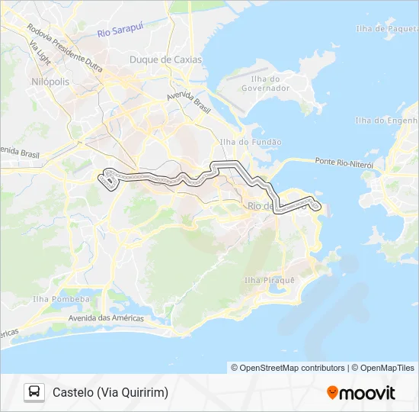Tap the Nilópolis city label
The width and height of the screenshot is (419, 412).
pyautogui.click(x=50, y=81)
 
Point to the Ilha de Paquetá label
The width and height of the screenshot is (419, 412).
pyautogui.click(x=387, y=29)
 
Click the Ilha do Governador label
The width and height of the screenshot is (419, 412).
pyautogui.click(x=266, y=83)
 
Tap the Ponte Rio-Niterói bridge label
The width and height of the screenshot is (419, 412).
pyautogui.click(x=344, y=163)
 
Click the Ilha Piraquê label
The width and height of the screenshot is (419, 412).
pyautogui.click(x=269, y=280)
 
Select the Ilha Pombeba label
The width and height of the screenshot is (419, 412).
pyautogui.click(x=60, y=299)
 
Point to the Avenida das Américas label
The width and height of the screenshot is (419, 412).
pyautogui.click(x=106, y=317)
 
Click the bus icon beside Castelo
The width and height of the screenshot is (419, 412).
pyautogui.click(x=34, y=392)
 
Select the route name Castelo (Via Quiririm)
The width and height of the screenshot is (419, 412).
pyautogui.click(x=110, y=392)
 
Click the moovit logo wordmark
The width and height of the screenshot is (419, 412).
pyautogui.click(x=367, y=393)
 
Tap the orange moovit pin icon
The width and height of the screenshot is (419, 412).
pyautogui.click(x=332, y=393)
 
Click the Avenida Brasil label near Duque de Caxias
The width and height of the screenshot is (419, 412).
pyautogui.click(x=188, y=102)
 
